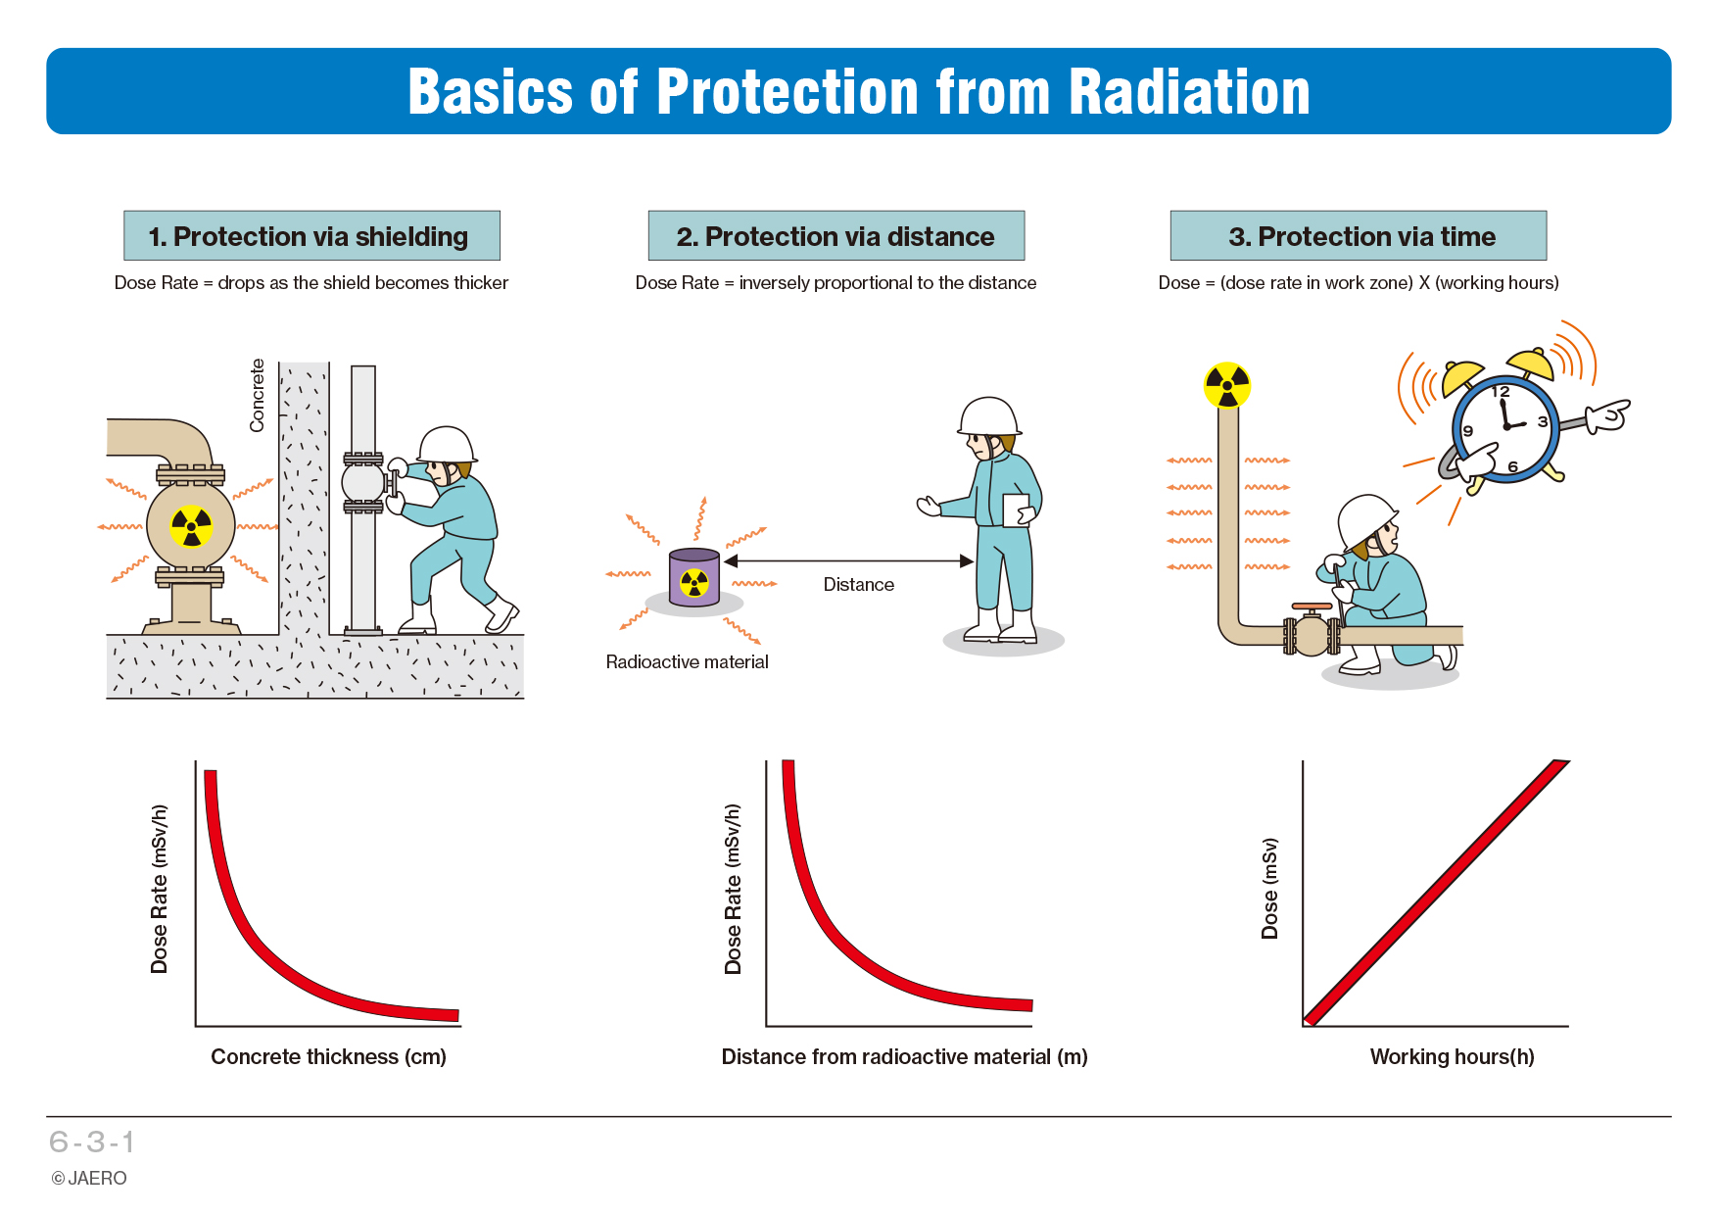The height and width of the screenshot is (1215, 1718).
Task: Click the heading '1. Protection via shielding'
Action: [309, 237]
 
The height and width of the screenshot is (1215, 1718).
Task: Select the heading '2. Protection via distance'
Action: [835, 237]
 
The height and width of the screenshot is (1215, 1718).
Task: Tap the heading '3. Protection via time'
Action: [1361, 237]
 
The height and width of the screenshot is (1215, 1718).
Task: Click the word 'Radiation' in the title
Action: [1189, 92]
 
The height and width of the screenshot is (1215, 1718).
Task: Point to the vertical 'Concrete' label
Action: [258, 395]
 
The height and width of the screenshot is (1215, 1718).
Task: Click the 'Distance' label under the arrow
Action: [859, 585]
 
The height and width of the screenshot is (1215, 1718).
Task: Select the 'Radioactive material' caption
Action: [687, 662]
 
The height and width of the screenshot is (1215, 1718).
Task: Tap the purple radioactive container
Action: [694, 577]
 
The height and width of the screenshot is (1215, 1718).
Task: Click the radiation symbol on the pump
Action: [191, 527]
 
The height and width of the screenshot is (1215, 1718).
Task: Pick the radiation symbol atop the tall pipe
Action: [1227, 385]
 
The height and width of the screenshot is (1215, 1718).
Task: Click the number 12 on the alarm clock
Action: [1501, 392]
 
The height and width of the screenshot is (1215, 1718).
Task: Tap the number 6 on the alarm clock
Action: [1512, 467]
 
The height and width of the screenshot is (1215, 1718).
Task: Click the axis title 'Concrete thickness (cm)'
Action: [328, 1057]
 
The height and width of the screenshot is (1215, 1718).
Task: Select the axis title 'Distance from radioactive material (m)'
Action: [904, 1057]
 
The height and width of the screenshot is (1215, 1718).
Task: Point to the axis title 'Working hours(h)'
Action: [1452, 1057]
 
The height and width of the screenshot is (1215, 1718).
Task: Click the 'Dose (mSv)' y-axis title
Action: [1269, 889]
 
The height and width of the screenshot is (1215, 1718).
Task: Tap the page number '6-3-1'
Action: [92, 1142]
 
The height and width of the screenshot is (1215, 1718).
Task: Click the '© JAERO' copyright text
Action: [89, 1179]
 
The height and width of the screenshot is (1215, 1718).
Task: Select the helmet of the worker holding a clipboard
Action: [989, 416]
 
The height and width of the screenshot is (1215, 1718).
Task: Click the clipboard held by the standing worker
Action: [1017, 510]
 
